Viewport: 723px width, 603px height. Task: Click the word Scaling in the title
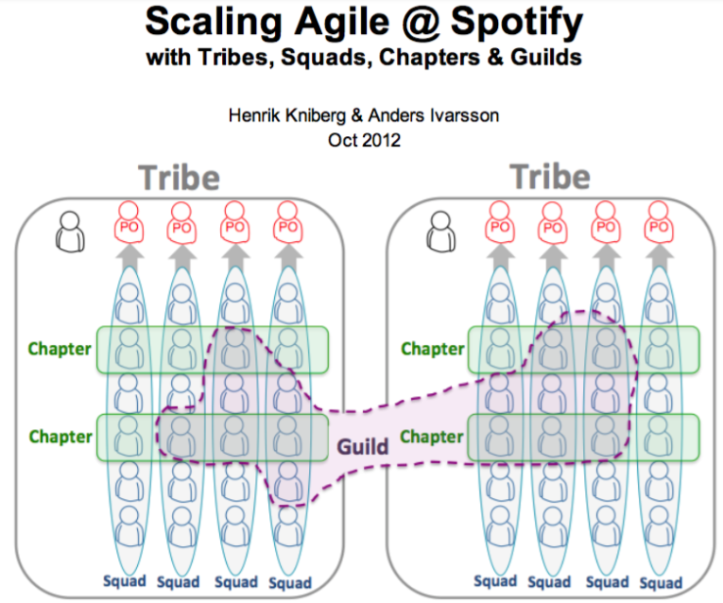pyautogui.click(x=203, y=22)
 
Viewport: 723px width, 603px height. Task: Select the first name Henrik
pyautogui.click(x=256, y=116)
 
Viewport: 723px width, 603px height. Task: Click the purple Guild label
pyautogui.click(x=363, y=446)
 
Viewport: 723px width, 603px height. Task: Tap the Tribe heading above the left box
pyautogui.click(x=179, y=178)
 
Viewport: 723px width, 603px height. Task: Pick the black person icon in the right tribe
pyautogui.click(x=440, y=231)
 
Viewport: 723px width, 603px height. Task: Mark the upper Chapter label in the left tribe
pyautogui.click(x=60, y=349)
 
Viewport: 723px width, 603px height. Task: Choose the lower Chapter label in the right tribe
pyautogui.click(x=432, y=437)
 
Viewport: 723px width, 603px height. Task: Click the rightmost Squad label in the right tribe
pyautogui.click(x=661, y=581)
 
